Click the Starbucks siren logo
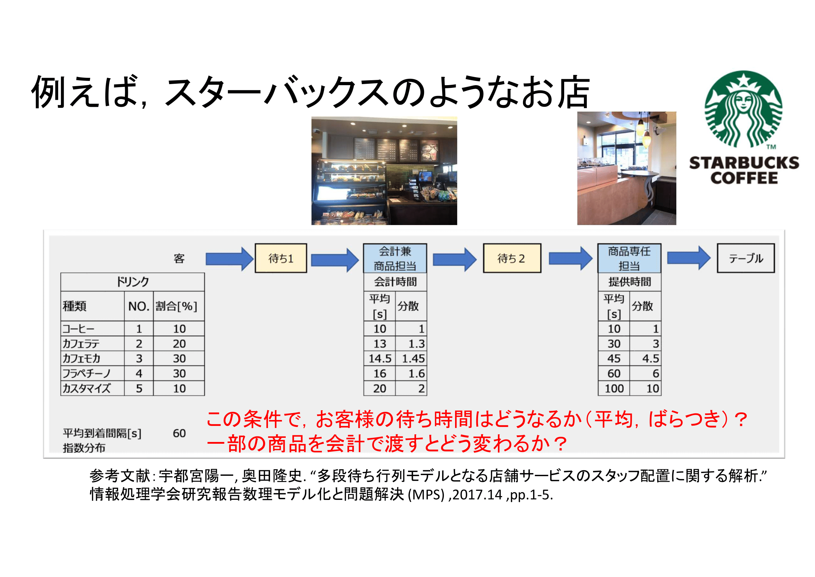coord(743,109)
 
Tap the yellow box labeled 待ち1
coord(281,258)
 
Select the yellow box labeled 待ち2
coord(512,258)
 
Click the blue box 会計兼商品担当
coord(395,258)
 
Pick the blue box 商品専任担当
coord(629,258)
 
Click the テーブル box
coord(745,258)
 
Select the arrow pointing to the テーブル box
coord(688,258)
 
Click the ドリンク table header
coord(132,282)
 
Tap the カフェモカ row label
coord(82,359)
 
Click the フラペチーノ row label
coord(87,373)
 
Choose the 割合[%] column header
coord(176,306)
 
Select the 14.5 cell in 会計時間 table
coord(379,359)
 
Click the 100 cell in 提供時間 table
coord(614,388)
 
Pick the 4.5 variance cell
coord(650,359)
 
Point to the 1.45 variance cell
coord(413,359)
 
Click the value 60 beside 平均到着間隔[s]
coord(179,433)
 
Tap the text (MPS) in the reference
coord(426,495)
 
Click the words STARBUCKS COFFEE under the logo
coord(744,171)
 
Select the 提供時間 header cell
coord(629,282)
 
